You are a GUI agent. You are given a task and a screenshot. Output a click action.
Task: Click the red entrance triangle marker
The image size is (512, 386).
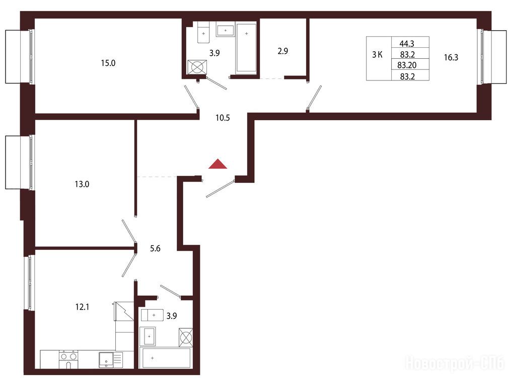pos(218,165)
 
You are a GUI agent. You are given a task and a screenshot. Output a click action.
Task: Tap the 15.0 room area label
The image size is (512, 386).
pos(108,63)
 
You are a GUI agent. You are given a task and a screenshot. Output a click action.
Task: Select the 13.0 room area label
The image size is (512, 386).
pos(82,184)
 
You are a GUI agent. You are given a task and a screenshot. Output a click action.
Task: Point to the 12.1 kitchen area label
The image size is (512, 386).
pos(82,307)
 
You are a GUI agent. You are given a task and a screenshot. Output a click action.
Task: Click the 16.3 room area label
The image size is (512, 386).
pos(451,58)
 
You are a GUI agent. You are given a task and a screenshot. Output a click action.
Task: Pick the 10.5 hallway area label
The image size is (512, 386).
pos(223,118)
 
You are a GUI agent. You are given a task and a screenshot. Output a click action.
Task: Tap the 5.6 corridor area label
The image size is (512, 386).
pos(155,248)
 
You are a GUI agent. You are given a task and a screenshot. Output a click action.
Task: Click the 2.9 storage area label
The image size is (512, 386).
pos(283,51)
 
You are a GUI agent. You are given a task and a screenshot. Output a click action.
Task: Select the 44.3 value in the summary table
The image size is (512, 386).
pos(407,43)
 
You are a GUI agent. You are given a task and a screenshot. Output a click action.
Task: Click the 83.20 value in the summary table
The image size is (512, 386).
pos(407,65)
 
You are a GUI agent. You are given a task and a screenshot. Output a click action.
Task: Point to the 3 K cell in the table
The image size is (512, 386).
pos(378,55)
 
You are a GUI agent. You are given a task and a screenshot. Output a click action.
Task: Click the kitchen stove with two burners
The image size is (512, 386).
pos(69,359)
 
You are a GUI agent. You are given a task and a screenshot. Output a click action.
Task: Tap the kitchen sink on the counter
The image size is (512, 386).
pos(106,360)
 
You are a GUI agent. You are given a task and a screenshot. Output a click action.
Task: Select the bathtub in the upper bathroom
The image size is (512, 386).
pos(246,47)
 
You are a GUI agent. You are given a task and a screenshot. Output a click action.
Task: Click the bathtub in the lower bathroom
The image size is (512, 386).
pos(165,358)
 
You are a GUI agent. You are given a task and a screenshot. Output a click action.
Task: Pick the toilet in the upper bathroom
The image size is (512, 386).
pos(203,32)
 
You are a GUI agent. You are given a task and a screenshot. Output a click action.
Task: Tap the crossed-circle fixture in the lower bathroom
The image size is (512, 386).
pos(186,337)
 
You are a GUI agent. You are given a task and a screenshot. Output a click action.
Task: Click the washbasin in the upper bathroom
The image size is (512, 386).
pos(226,30)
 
